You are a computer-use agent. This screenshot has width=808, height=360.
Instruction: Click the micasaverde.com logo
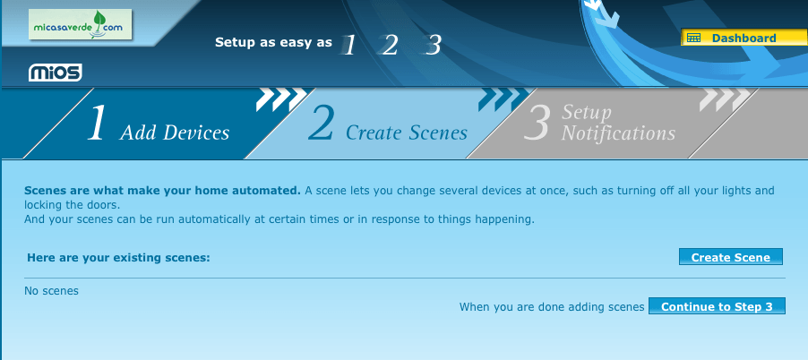coord(81,25)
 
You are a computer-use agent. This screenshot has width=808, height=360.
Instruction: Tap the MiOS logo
coord(56,73)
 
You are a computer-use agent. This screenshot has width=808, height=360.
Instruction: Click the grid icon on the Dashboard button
coord(693,38)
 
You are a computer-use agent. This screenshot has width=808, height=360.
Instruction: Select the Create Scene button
coord(731,257)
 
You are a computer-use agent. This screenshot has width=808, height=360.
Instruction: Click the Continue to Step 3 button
coord(717,306)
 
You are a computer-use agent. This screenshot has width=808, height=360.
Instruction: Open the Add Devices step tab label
coord(175,133)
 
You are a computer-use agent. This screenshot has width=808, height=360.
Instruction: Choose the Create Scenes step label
coord(407,133)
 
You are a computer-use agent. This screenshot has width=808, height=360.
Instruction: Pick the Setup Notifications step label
coord(618,123)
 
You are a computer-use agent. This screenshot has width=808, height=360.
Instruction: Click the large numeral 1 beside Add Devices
coord(97,123)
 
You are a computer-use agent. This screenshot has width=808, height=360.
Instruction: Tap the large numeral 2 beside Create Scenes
coord(321,123)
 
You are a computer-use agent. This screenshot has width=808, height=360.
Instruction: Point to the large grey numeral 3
coord(537,123)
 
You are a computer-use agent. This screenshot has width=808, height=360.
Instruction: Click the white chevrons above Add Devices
coord(281,99)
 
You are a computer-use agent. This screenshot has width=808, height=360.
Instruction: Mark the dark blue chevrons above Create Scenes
coord(503,99)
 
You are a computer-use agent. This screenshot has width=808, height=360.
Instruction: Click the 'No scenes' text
coord(52,291)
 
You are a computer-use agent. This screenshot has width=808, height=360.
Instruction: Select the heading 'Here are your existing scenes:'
coord(118,257)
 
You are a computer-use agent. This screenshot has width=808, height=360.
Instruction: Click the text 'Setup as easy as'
coord(273,42)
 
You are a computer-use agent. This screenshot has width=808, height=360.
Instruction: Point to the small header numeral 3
coord(433,45)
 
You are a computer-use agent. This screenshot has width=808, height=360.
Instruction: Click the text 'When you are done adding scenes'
coord(552,307)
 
